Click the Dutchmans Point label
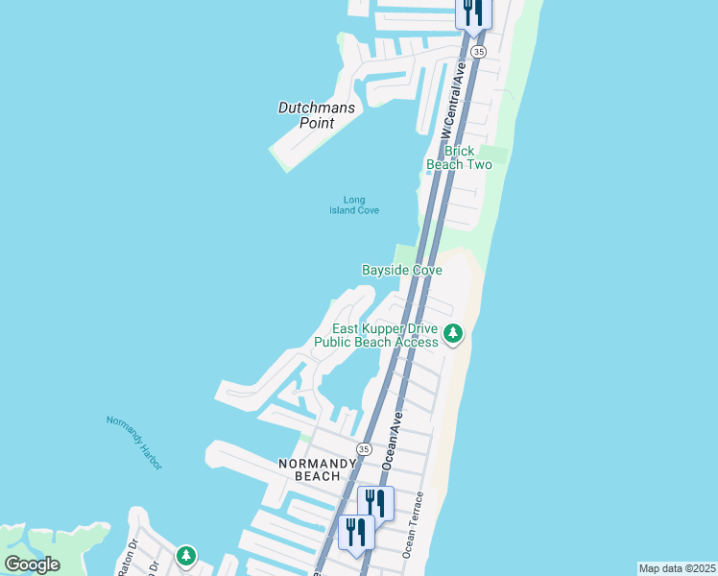pyautogui.click(x=317, y=115)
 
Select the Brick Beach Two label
pyautogui.click(x=459, y=157)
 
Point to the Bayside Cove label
pyautogui.click(x=401, y=271)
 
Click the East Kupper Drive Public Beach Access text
pyautogui.click(x=376, y=335)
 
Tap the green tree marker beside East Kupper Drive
pyautogui.click(x=453, y=334)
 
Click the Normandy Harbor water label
pyautogui.click(x=134, y=442)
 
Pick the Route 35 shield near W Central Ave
pyautogui.click(x=479, y=51)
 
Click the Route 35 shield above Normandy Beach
pyautogui.click(x=363, y=449)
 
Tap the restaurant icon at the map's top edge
pyautogui.click(x=472, y=12)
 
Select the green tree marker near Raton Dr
pyautogui.click(x=186, y=555)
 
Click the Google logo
pyautogui.click(x=33, y=564)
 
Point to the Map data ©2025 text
pyautogui.click(x=677, y=568)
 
